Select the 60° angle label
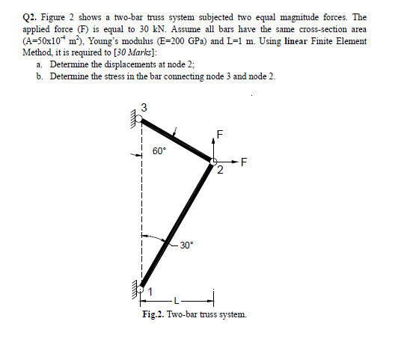click(x=159, y=150)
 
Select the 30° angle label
click(x=186, y=245)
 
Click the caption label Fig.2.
click(x=154, y=314)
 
